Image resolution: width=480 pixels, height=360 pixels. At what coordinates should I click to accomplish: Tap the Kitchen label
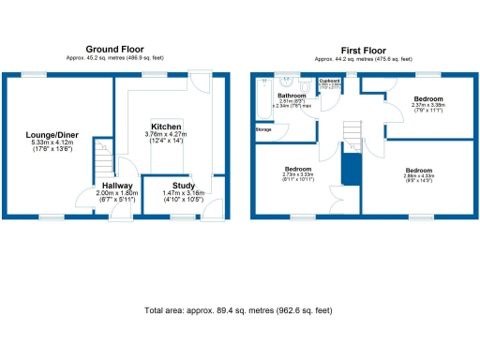[x=166, y=127]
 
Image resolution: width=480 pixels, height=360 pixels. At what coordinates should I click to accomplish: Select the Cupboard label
[x=329, y=82]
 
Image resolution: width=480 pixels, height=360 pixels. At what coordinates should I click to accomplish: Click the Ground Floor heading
[x=114, y=49]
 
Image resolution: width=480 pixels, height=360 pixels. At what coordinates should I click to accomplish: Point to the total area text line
[x=238, y=309]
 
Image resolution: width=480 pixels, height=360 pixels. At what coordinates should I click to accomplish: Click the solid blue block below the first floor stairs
[x=350, y=171]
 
